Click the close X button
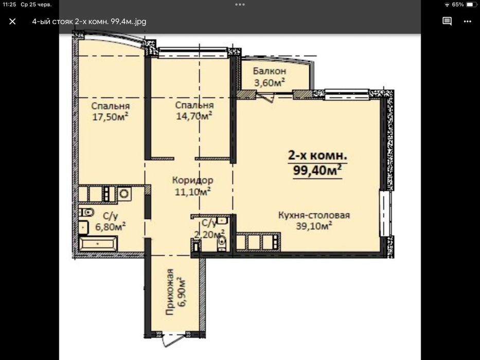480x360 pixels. click(12, 22)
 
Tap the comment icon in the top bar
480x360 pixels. click(447, 21)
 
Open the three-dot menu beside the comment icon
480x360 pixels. click(468, 22)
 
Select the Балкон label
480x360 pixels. click(270, 71)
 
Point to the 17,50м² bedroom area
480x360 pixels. click(110, 117)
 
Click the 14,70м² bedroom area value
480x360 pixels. click(194, 116)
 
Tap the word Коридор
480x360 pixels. click(192, 180)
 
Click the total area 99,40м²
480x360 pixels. click(317, 170)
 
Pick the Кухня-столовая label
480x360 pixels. click(314, 215)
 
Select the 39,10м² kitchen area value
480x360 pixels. click(314, 226)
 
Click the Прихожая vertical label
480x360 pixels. click(169, 292)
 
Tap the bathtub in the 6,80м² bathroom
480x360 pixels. click(98, 244)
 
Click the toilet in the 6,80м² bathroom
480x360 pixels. click(86, 211)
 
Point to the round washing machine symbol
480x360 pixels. click(125, 194)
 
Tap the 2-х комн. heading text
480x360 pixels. click(317, 155)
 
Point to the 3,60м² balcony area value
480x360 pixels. click(270, 82)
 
